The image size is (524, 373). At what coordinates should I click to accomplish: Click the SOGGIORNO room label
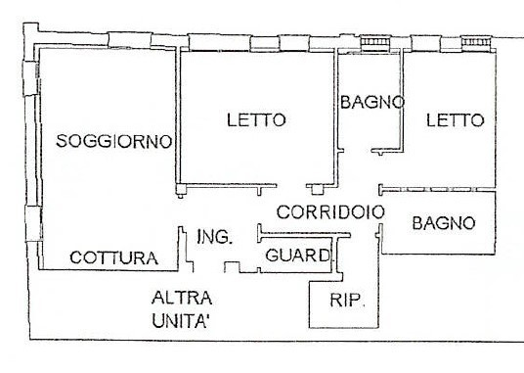click(x=114, y=141)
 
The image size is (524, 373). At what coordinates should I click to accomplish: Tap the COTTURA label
click(x=113, y=258)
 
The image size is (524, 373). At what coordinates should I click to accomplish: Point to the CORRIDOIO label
click(x=327, y=211)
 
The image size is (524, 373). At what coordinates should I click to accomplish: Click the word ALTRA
click(x=182, y=298)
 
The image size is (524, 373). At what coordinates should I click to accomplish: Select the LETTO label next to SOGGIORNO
click(x=256, y=120)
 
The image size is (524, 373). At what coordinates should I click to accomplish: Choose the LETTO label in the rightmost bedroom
click(x=455, y=120)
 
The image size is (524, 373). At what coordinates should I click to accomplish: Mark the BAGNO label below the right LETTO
click(x=444, y=223)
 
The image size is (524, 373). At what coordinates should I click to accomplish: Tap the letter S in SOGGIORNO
click(x=62, y=141)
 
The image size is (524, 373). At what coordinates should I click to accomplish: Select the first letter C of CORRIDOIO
click(x=283, y=211)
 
